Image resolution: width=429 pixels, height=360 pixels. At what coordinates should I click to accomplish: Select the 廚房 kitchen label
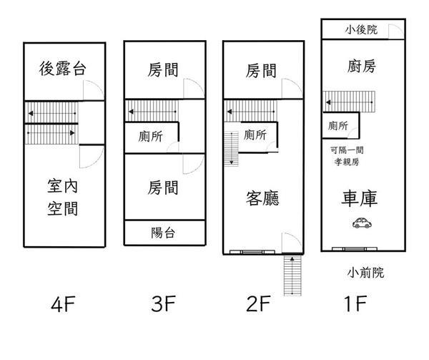[360, 67]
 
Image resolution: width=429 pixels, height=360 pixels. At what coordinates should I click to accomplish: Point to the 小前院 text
[365, 272]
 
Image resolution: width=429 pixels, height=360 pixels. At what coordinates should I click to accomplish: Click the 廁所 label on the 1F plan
[338, 126]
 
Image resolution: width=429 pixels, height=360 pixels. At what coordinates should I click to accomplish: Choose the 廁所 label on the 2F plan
[255, 135]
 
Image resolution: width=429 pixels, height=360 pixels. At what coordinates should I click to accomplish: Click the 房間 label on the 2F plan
[260, 71]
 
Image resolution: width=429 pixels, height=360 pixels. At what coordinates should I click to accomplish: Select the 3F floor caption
[163, 306]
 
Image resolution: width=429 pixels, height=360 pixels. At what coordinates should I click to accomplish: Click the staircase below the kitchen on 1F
[349, 99]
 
